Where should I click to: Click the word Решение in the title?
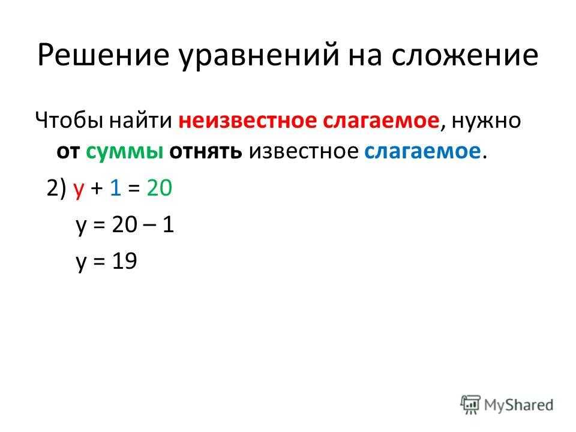[x=103, y=55]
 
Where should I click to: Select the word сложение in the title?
[x=464, y=55]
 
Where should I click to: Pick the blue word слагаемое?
[x=422, y=151]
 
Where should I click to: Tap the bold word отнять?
[x=206, y=151]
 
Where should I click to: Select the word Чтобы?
[x=69, y=120]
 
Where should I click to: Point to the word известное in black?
[x=304, y=151]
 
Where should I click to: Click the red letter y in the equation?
[x=79, y=190]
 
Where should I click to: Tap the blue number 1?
[x=116, y=187]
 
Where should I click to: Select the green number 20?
[x=160, y=187]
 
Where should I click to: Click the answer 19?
[x=125, y=261]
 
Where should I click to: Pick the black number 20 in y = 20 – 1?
[x=125, y=224]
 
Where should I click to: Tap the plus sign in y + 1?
[x=97, y=189]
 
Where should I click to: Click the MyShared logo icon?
[x=470, y=405]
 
